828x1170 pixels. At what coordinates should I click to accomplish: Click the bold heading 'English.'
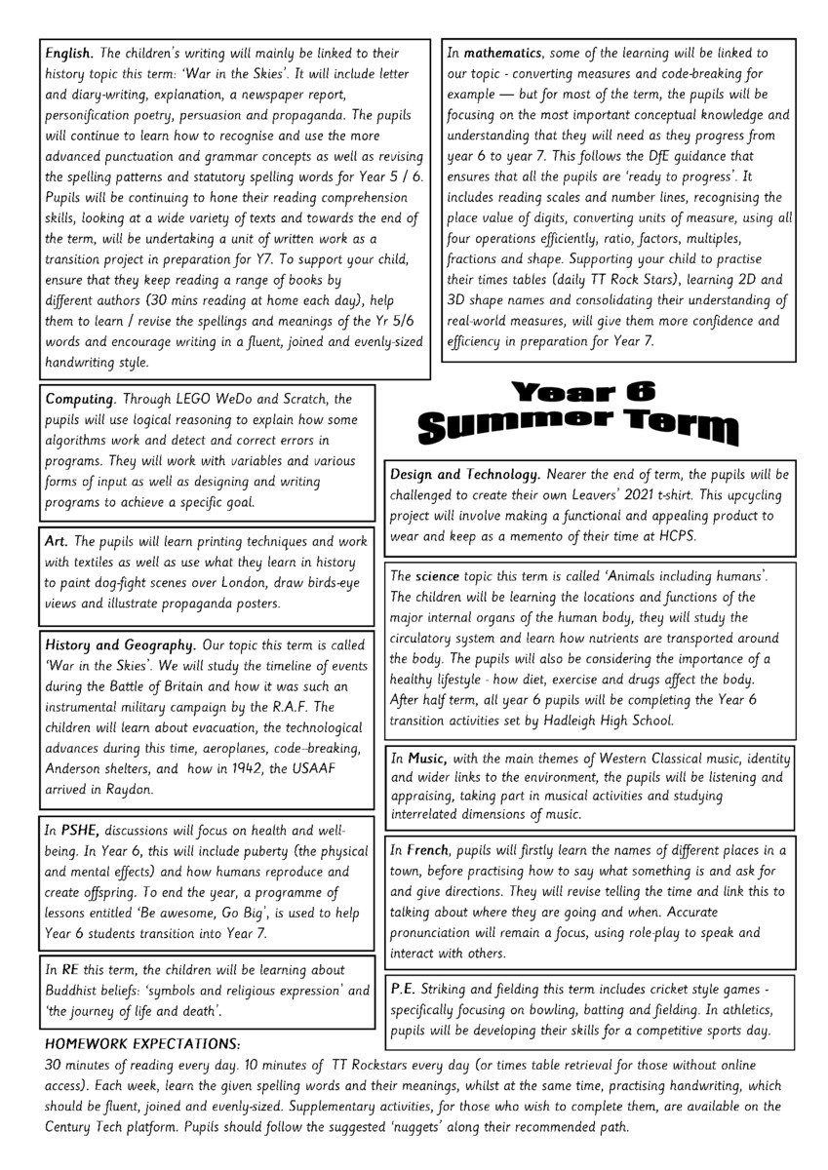(70, 53)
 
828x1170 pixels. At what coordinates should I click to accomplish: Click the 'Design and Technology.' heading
(464, 474)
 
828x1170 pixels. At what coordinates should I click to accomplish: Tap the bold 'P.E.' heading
(404, 989)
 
